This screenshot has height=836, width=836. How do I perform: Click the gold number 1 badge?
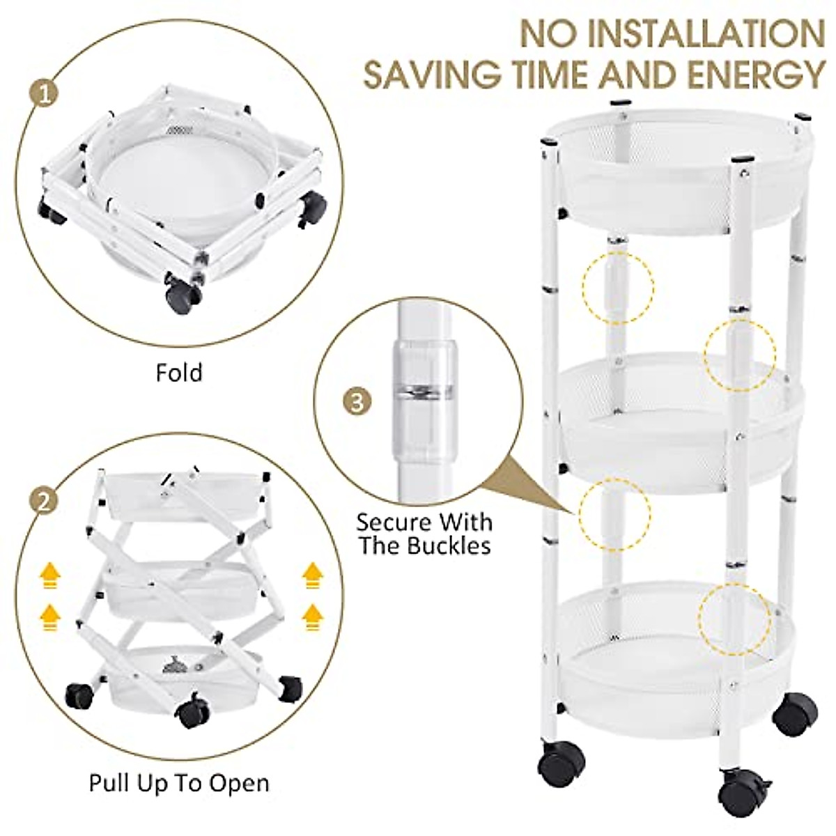pos(45,95)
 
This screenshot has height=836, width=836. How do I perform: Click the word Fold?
pos(179,373)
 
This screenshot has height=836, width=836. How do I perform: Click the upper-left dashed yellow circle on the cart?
pos(618,287)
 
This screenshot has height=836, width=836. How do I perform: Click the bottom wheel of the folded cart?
pos(183,295)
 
